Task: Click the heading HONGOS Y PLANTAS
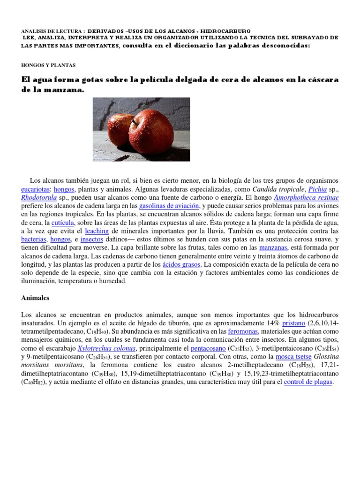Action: (48, 65)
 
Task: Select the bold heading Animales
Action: (36, 298)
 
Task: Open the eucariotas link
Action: (36, 189)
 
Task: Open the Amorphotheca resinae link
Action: (306, 197)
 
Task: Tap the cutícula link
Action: (63, 222)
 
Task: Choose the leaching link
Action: (97, 231)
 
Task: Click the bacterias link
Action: (34, 239)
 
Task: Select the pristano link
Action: (293, 323)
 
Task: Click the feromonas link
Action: (242, 331)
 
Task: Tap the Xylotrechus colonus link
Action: (107, 348)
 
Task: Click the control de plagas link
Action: (308, 382)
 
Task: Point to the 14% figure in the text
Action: (272, 323)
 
